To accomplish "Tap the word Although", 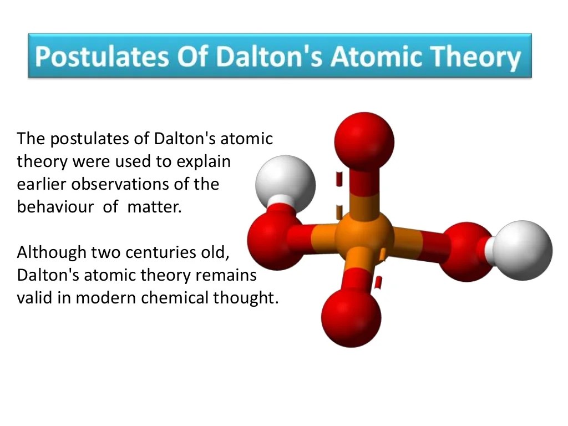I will (52, 252).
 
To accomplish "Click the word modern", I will (106, 298).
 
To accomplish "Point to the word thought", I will (245, 298).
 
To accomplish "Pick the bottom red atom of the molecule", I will (351, 318).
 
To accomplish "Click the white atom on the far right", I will (523, 250).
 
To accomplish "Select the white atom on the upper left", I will (285, 184).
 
